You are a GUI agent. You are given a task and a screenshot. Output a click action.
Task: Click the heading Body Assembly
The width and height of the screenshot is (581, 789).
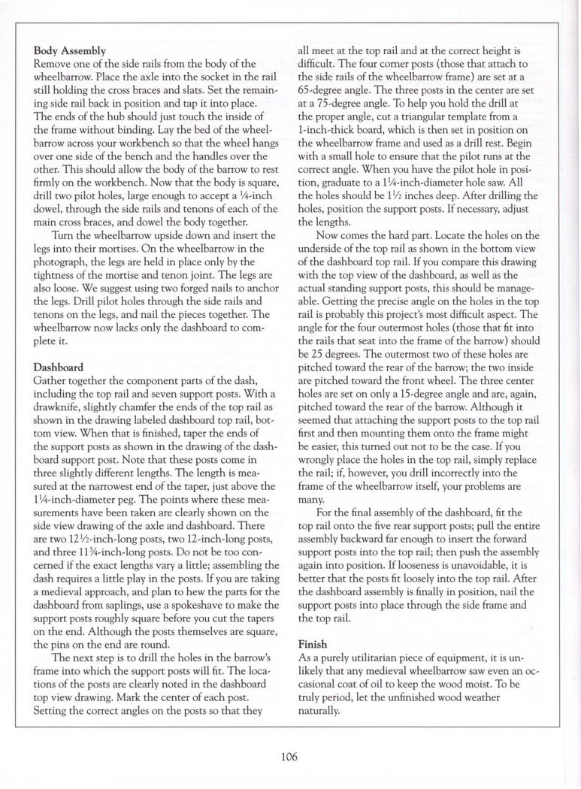point(70,50)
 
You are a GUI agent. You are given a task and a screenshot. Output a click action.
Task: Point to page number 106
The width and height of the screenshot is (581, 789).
point(290,757)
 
